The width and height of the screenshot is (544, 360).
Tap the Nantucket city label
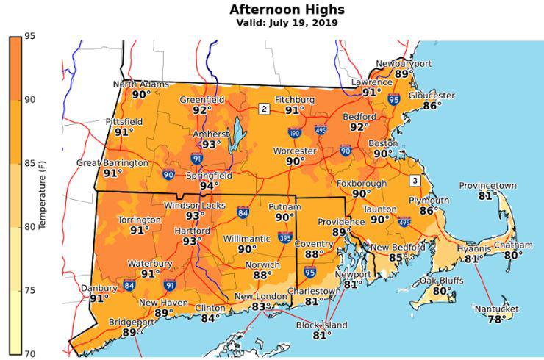pos(497,309)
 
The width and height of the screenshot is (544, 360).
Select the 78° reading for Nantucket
pos(497,319)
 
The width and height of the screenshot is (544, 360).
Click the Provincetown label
pos(487,186)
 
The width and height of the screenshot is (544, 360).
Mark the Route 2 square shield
pos(263,109)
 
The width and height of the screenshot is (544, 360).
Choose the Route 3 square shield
pos(415,181)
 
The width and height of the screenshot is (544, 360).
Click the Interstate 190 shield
pos(294,133)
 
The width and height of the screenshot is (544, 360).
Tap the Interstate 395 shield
pos(284,237)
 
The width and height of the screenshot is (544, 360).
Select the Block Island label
pos(322,325)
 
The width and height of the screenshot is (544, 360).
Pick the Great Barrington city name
pos(112,163)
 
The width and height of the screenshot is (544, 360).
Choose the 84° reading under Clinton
pos(210,318)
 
